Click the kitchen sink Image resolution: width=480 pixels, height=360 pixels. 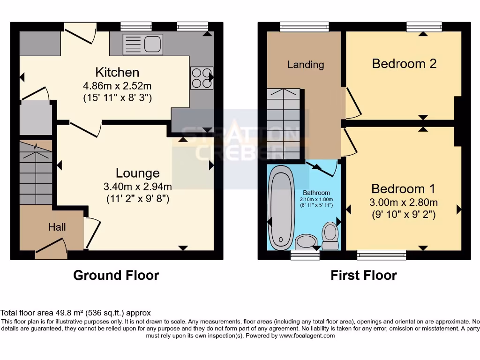[x=142, y=44]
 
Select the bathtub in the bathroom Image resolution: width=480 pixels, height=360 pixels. [x=281, y=206]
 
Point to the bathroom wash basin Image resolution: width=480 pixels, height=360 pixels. [x=307, y=241]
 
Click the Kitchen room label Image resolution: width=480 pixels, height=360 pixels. [x=117, y=72]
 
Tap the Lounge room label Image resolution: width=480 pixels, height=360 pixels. [x=138, y=173]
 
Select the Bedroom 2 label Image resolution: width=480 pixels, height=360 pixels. [x=404, y=63]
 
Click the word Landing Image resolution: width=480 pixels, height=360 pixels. [x=306, y=64]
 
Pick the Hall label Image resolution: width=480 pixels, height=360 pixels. [x=57, y=227]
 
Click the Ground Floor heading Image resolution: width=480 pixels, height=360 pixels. [x=116, y=275]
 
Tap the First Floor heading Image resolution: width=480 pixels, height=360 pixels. [x=364, y=275]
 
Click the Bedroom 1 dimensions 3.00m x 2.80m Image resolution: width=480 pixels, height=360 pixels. [x=404, y=202]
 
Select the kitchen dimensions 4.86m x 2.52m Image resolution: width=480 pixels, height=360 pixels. [x=117, y=86]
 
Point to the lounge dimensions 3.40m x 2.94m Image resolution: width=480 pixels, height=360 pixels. [x=138, y=187]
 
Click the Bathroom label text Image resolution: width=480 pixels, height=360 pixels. [x=316, y=193]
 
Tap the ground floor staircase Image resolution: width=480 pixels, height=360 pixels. [x=36, y=173]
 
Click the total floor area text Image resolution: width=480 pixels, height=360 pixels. [x=75, y=313]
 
